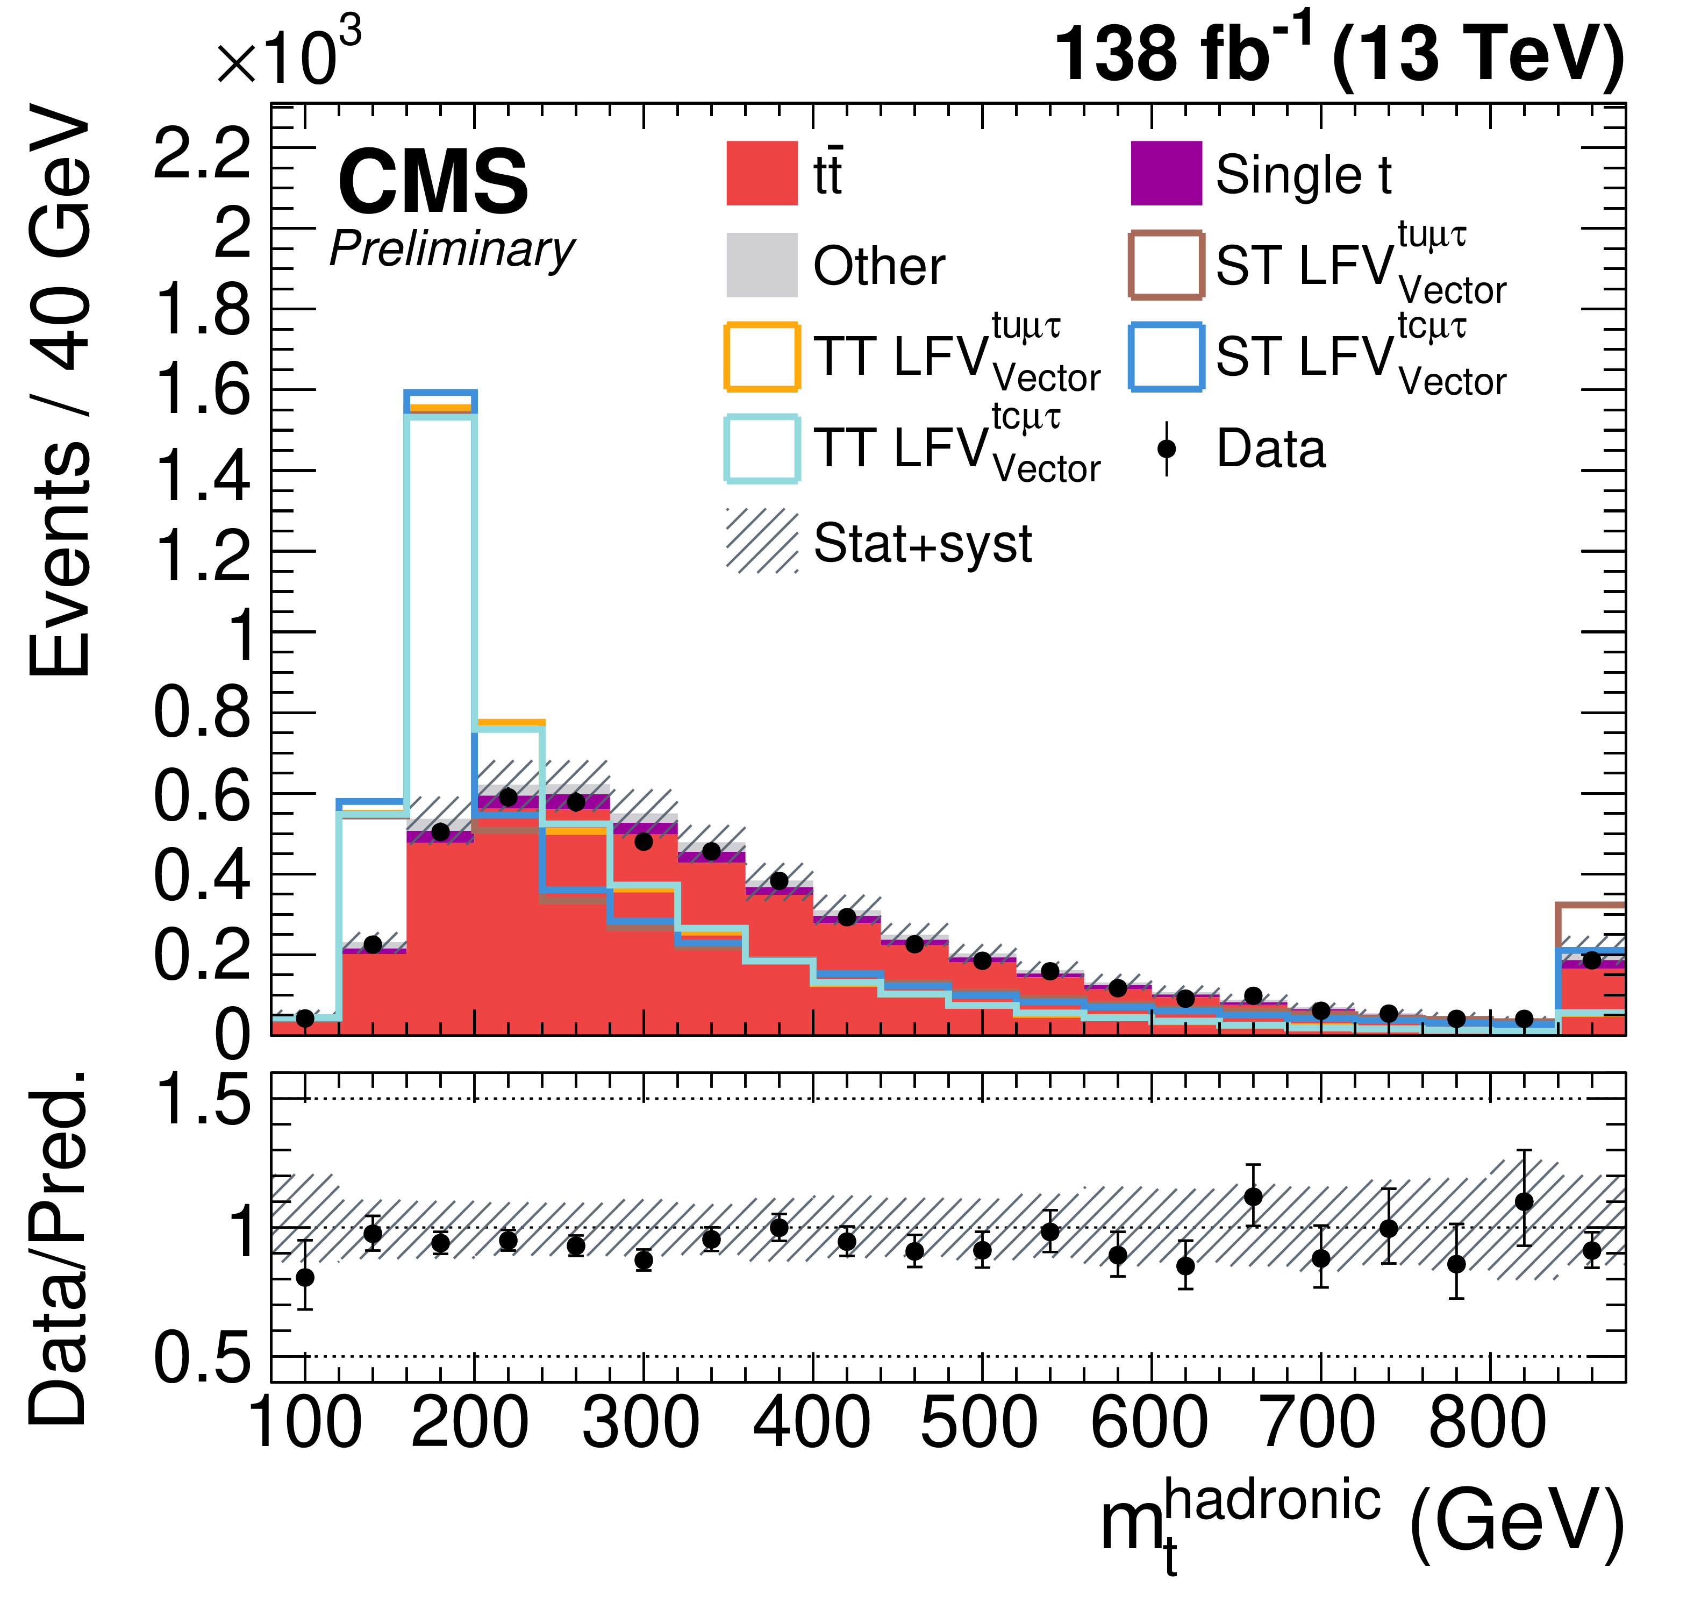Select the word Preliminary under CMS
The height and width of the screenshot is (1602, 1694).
(x=452, y=250)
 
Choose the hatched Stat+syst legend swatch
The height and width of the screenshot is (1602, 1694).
(x=762, y=542)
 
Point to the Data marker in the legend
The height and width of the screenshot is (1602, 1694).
(x=1166, y=449)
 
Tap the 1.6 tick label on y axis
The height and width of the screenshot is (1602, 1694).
(x=202, y=391)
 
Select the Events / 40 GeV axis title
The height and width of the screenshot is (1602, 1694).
(x=60, y=390)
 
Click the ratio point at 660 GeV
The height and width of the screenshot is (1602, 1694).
(x=1253, y=1197)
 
